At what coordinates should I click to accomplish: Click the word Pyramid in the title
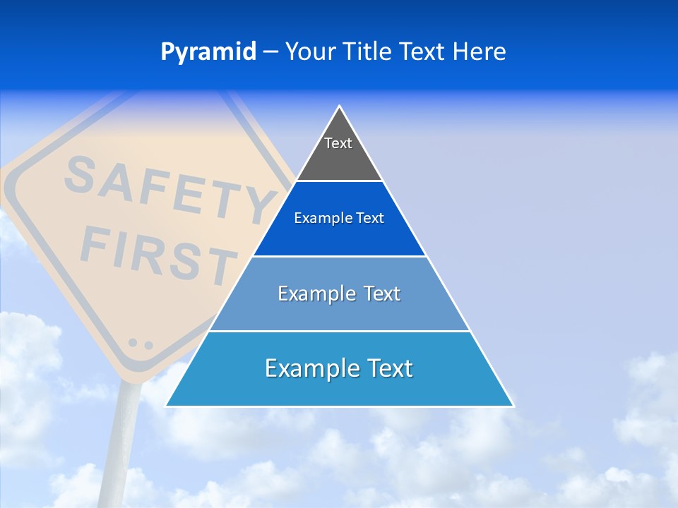[x=208, y=52]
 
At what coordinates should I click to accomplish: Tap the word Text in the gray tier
[x=338, y=143]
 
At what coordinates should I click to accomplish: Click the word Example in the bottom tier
[x=304, y=368]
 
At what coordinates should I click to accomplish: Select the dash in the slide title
[x=270, y=52]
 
